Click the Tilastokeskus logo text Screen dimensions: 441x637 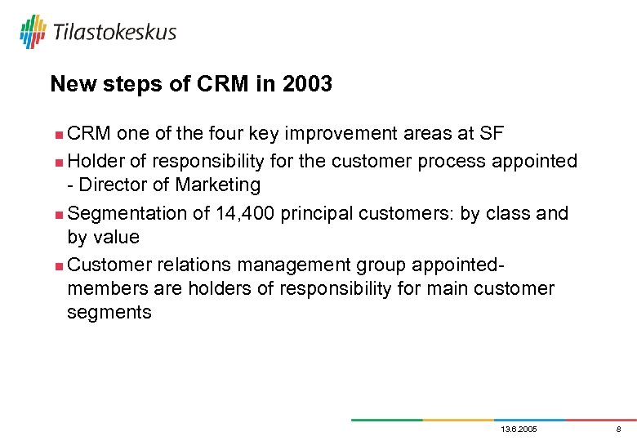click(x=114, y=32)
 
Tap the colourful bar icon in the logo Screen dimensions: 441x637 click(x=33, y=31)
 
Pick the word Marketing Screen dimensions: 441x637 click(x=218, y=185)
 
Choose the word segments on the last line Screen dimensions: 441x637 click(x=109, y=313)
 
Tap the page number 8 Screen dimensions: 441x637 click(x=618, y=430)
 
